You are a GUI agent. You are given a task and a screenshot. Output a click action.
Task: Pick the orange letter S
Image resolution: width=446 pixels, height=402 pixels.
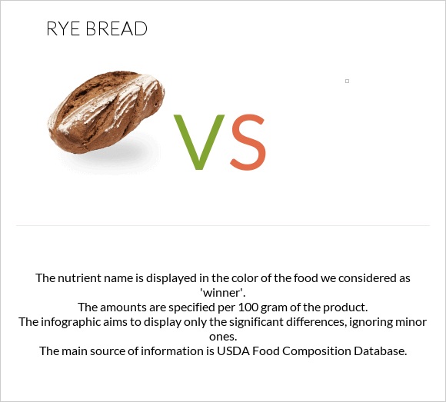(248, 143)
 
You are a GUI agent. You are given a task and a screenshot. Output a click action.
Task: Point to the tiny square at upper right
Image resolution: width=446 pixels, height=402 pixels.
(347, 81)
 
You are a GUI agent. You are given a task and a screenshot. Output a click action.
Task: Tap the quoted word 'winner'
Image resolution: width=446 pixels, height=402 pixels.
(222, 292)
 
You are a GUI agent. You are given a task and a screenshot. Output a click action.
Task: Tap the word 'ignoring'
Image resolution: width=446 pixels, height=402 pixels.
(381, 321)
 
